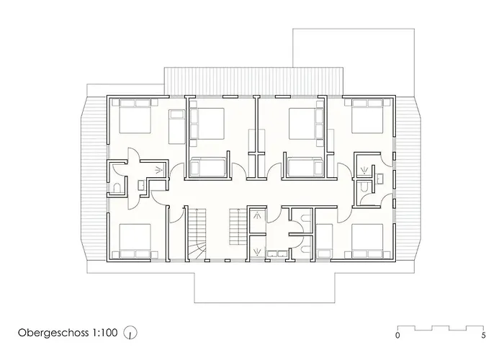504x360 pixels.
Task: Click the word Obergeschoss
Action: click(x=53, y=333)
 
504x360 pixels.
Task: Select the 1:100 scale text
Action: click(x=105, y=333)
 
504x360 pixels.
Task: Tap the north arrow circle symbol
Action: click(x=130, y=333)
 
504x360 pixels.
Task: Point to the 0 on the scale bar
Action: click(x=397, y=336)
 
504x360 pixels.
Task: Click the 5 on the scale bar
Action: click(x=483, y=336)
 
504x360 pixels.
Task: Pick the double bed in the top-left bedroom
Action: click(x=135, y=116)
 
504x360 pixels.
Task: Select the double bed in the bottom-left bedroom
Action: click(x=135, y=241)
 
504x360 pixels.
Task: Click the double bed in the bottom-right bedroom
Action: click(x=367, y=241)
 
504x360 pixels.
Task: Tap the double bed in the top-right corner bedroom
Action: click(x=367, y=116)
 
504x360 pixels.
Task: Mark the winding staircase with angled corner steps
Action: click(x=197, y=233)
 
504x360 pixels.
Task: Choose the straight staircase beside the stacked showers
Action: click(x=238, y=227)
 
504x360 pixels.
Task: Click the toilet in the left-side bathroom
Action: click(x=117, y=188)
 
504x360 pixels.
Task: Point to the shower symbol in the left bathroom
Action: click(x=158, y=170)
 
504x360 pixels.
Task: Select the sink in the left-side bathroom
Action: click(x=141, y=185)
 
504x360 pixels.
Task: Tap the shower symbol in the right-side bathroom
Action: click(x=364, y=170)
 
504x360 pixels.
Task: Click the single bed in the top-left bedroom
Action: click(x=177, y=127)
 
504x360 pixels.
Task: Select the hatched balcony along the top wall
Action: click(x=253, y=81)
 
